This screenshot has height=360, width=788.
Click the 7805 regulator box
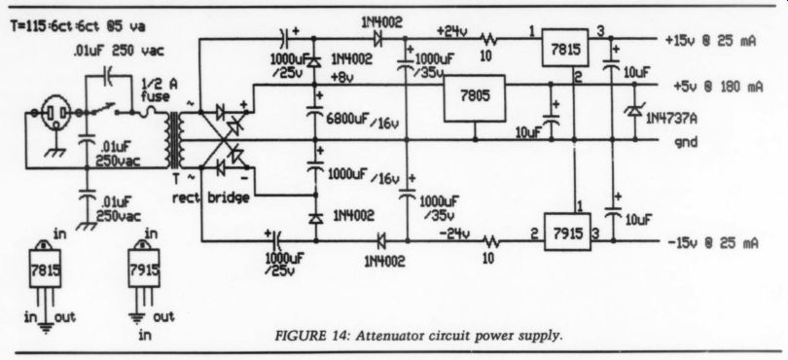coord(475,98)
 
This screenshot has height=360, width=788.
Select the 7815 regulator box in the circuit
coord(564,48)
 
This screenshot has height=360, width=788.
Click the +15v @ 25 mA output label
coord(710,41)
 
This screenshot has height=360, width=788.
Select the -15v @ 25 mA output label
coord(713,243)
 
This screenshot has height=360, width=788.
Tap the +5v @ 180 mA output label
coord(718,87)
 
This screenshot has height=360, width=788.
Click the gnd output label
coord(686,143)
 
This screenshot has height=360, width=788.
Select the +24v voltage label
coord(451,32)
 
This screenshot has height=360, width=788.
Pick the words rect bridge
coord(210,198)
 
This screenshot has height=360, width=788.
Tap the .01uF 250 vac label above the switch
coord(119,51)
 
